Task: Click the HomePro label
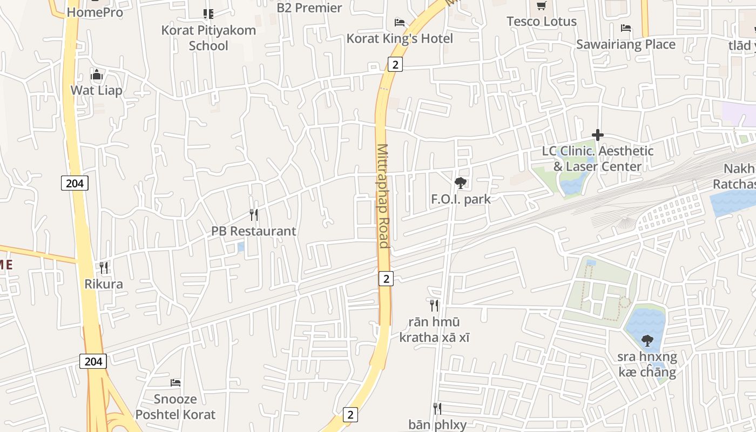pyautogui.click(x=95, y=12)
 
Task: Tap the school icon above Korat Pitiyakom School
pyautogui.click(x=208, y=14)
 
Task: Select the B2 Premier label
pyautogui.click(x=309, y=8)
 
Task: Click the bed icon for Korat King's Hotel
pyautogui.click(x=400, y=23)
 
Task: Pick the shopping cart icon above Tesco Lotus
pyautogui.click(x=541, y=6)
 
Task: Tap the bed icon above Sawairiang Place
pyautogui.click(x=626, y=28)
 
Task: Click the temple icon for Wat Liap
pyautogui.click(x=97, y=75)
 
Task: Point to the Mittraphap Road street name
pyautogui.click(x=383, y=195)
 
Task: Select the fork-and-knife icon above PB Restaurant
pyautogui.click(x=254, y=215)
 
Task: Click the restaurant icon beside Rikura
pyautogui.click(x=104, y=268)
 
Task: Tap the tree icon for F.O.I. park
pyautogui.click(x=461, y=183)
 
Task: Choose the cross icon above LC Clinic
pyautogui.click(x=597, y=135)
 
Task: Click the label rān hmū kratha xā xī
pyautogui.click(x=434, y=330)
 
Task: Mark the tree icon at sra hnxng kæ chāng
pyautogui.click(x=647, y=341)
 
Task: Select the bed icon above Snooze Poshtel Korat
pyautogui.click(x=175, y=383)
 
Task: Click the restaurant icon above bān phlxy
pyautogui.click(x=437, y=409)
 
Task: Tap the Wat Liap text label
pyautogui.click(x=97, y=90)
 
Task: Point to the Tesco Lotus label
pyautogui.click(x=542, y=22)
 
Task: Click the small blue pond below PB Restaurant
pyautogui.click(x=241, y=247)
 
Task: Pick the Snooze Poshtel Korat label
pyautogui.click(x=175, y=407)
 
